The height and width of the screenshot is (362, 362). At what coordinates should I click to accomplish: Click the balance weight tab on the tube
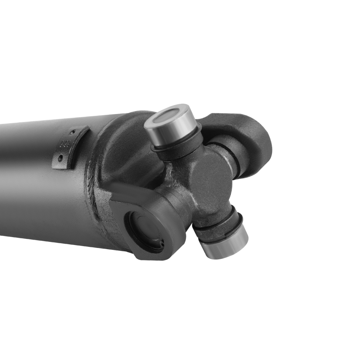click(x=71, y=147)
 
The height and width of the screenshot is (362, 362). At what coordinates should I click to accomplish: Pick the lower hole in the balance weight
click(x=60, y=158)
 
